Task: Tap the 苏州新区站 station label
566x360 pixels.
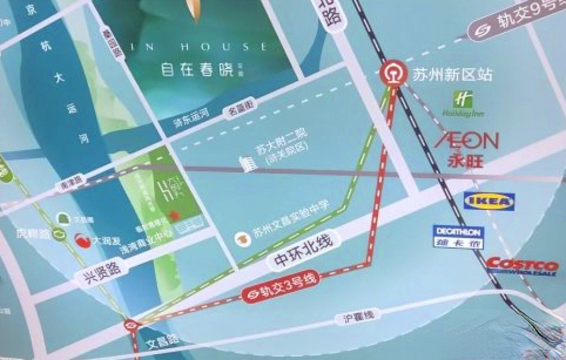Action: pos(452,74)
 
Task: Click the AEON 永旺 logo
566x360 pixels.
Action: pos(467,149)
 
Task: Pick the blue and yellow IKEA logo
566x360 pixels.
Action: pos(489,201)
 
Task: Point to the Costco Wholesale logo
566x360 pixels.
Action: pos(522,266)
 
